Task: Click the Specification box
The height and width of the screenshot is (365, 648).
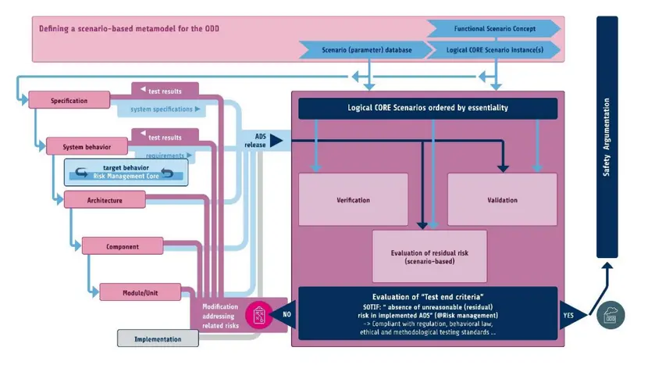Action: click(x=69, y=100)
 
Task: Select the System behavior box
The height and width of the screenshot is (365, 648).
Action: click(x=87, y=146)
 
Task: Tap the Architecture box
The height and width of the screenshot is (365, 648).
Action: click(x=104, y=200)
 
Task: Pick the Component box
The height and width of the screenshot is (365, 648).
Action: click(x=122, y=247)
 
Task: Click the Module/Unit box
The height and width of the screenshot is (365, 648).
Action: click(x=140, y=292)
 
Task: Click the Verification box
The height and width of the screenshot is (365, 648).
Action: click(x=353, y=200)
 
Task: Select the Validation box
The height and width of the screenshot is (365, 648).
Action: click(x=502, y=200)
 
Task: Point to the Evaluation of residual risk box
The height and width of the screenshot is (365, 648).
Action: click(x=429, y=256)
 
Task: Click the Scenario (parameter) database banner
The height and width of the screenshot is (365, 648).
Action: click(x=366, y=50)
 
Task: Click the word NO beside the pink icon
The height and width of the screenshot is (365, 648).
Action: click(x=286, y=316)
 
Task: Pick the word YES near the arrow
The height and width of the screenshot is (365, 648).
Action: click(x=569, y=316)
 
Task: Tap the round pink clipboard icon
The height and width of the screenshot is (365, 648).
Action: click(x=259, y=315)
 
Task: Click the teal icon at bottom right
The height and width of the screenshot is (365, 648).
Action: click(x=611, y=315)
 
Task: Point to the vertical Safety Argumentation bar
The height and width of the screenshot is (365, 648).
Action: click(x=607, y=137)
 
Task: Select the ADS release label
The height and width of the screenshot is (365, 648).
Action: click(x=255, y=140)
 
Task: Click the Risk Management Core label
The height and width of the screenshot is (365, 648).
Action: click(x=115, y=177)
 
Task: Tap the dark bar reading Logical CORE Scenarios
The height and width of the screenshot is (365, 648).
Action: click(x=427, y=109)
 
